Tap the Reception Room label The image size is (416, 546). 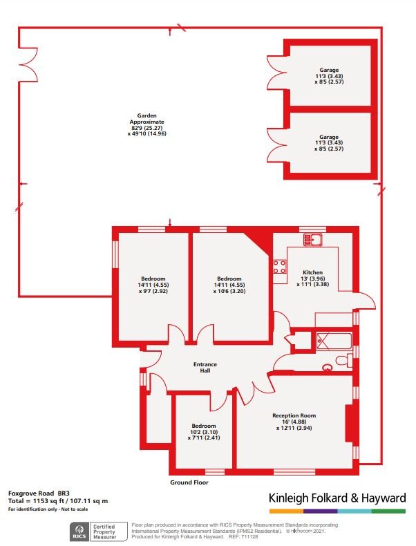click(x=294, y=421)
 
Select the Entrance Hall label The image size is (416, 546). click(x=205, y=367)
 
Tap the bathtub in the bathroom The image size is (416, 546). click(x=333, y=341)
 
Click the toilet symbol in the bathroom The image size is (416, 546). click(x=340, y=360)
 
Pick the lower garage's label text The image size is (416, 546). click(x=328, y=143)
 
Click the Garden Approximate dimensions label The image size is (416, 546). click(x=147, y=124)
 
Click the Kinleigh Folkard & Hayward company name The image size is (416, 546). click(x=337, y=498)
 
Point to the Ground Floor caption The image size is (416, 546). click(x=189, y=482)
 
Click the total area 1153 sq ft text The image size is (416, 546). click(x=58, y=500)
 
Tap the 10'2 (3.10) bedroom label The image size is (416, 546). click(x=203, y=431)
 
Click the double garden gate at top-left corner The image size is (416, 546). click(x=28, y=58)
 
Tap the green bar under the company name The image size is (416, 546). click(x=388, y=511)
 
